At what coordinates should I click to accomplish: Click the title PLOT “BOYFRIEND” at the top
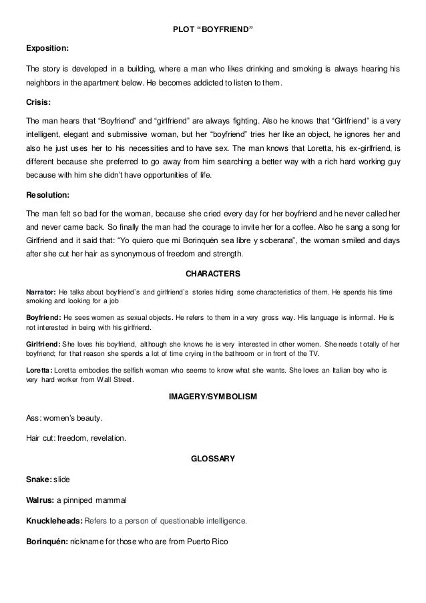tap(212, 30)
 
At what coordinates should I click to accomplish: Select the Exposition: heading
tap(46, 49)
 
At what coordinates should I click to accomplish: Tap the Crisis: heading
tap(37, 103)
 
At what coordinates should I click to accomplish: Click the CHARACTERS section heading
tap(212, 274)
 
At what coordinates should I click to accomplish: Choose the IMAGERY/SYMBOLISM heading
tap(212, 397)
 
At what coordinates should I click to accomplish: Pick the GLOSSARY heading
tap(212, 459)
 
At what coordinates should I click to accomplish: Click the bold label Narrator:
tap(41, 292)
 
